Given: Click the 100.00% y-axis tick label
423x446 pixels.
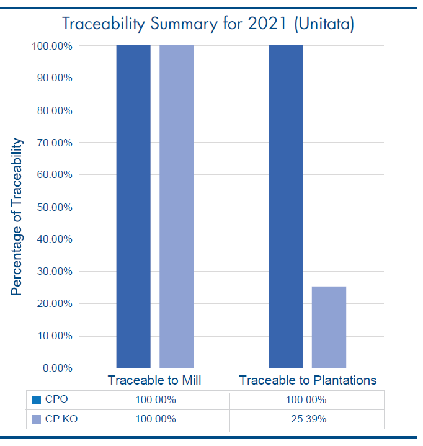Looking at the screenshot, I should [53, 46].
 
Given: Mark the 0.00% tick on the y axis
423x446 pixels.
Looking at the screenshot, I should [58, 368].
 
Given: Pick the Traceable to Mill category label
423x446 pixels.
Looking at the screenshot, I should [154, 380].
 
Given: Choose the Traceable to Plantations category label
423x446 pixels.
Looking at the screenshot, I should [308, 380].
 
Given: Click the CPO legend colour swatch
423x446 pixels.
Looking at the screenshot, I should [36, 400].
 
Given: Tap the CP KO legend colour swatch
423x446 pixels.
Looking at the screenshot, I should [36, 419].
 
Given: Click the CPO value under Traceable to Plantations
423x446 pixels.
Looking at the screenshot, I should [306, 400].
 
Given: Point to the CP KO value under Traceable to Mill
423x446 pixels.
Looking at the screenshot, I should [156, 419].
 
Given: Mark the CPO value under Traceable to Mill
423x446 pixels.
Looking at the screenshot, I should [156, 400].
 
